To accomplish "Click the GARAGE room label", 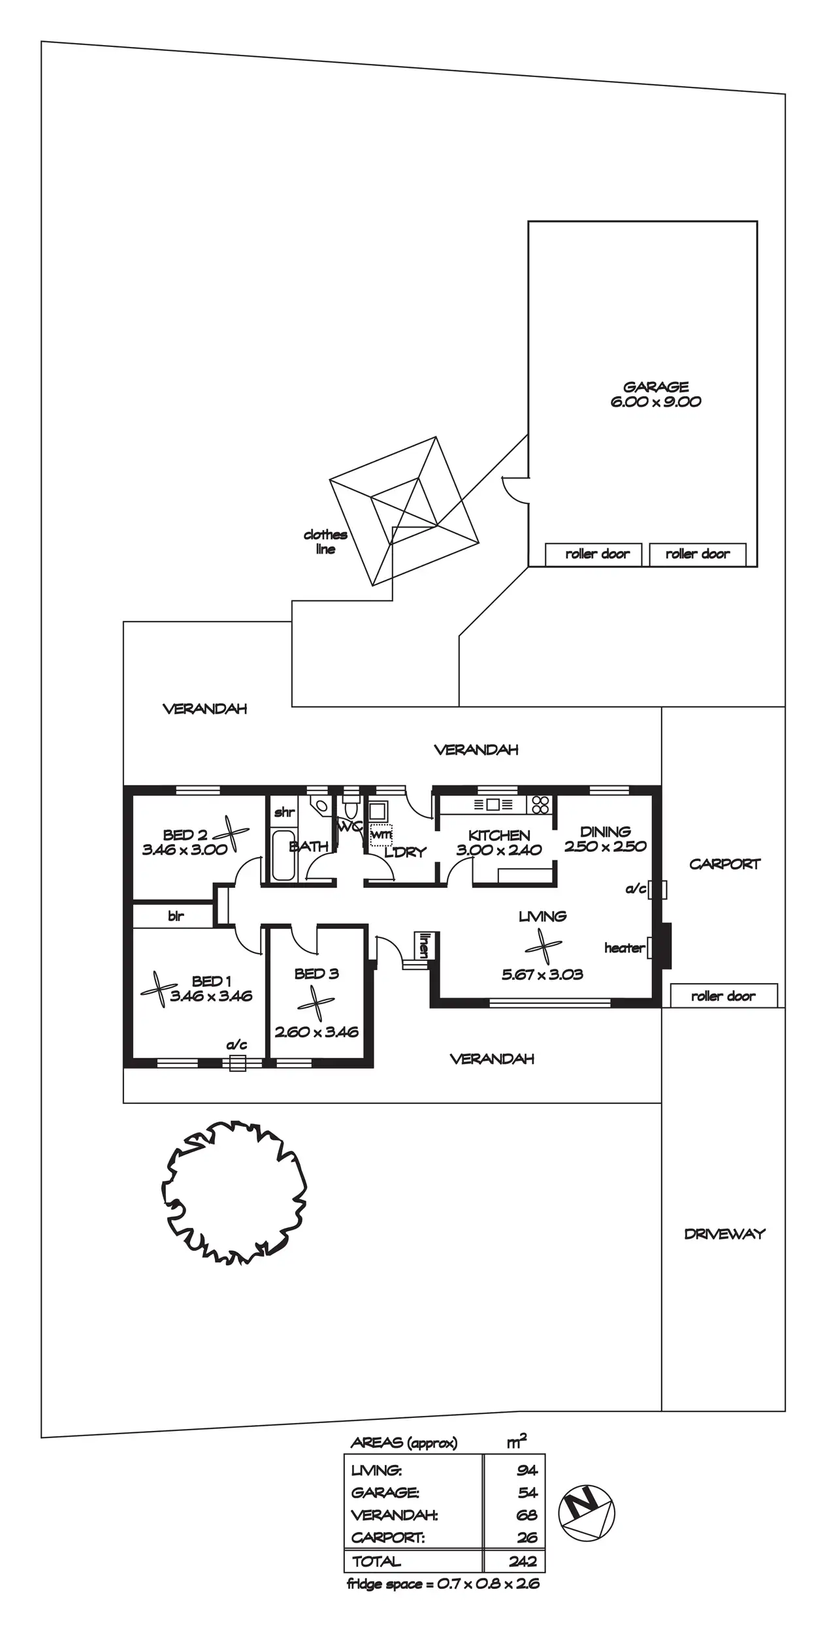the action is [655, 386].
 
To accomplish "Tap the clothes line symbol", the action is [404, 511].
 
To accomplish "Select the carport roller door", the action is [723, 996].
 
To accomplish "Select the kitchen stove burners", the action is [540, 804].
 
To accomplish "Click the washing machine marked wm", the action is [381, 835].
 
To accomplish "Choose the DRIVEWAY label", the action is [724, 1234].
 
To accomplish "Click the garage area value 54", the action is [527, 1492].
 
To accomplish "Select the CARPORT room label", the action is [724, 864].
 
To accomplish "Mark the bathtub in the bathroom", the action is [283, 856].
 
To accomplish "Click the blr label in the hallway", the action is [176, 916].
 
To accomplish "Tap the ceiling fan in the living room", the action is [543, 947].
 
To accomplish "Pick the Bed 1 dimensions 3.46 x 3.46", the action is [211, 996].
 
